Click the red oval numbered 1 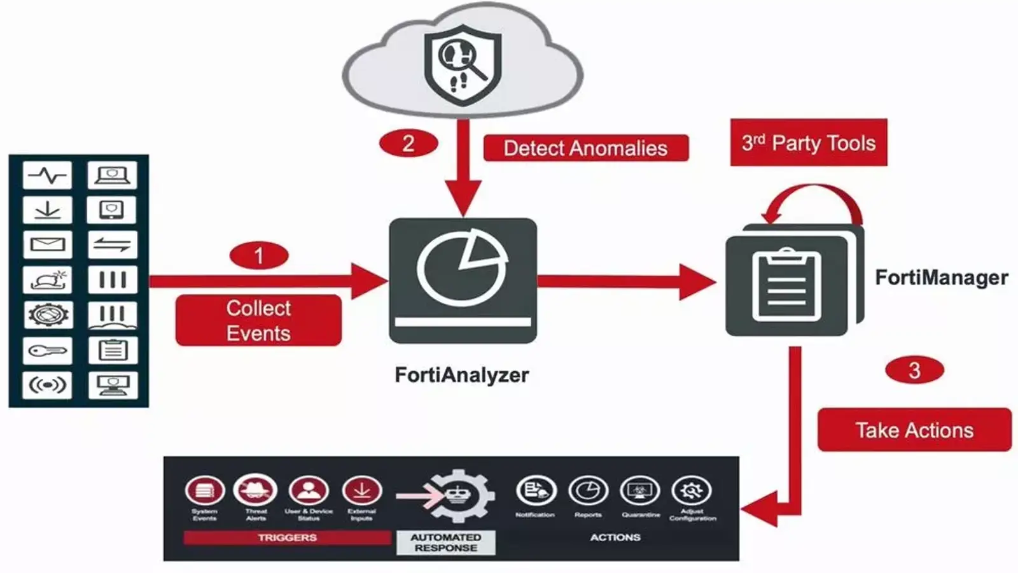(259, 256)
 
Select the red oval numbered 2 (408, 143)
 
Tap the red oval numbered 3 (914, 370)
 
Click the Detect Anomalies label (585, 148)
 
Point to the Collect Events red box (258, 320)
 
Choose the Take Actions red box (914, 430)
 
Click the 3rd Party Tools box (808, 143)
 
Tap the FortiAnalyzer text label (461, 374)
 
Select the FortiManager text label (941, 278)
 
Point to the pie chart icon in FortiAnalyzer (463, 267)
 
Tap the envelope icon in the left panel (48, 244)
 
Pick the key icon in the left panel (48, 350)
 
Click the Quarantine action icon (640, 491)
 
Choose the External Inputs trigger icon (362, 491)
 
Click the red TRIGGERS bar (287, 537)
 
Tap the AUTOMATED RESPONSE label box (445, 542)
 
